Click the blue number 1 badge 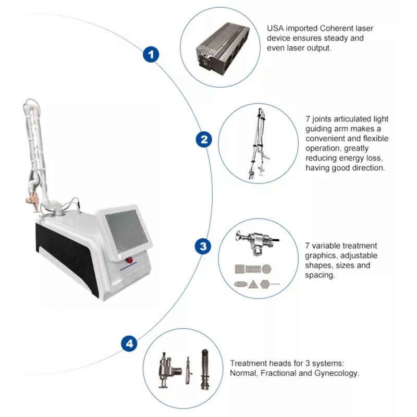coord(151,54)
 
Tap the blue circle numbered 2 coord(203,139)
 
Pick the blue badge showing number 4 coord(129,344)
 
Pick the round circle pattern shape coord(266,269)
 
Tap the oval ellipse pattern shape coord(240,285)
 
